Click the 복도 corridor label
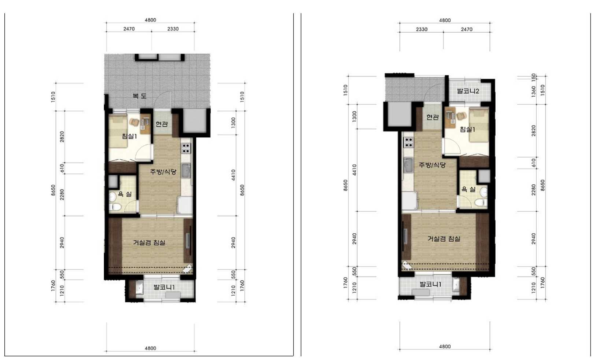[x=140, y=96]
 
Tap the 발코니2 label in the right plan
[x=468, y=91]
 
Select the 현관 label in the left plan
[x=162, y=124]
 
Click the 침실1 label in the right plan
[x=467, y=130]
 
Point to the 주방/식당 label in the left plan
[x=163, y=172]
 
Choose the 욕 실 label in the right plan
[x=468, y=189]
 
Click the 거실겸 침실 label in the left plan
[x=149, y=242]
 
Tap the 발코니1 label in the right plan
[x=430, y=284]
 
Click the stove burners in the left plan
[x=186, y=148]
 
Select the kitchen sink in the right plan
[x=408, y=165]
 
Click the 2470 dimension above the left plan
[x=129, y=29]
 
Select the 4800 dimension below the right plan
[x=445, y=346]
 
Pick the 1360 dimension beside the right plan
[x=533, y=92]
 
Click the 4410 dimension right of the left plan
[x=233, y=175]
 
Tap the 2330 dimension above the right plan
[x=422, y=29]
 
